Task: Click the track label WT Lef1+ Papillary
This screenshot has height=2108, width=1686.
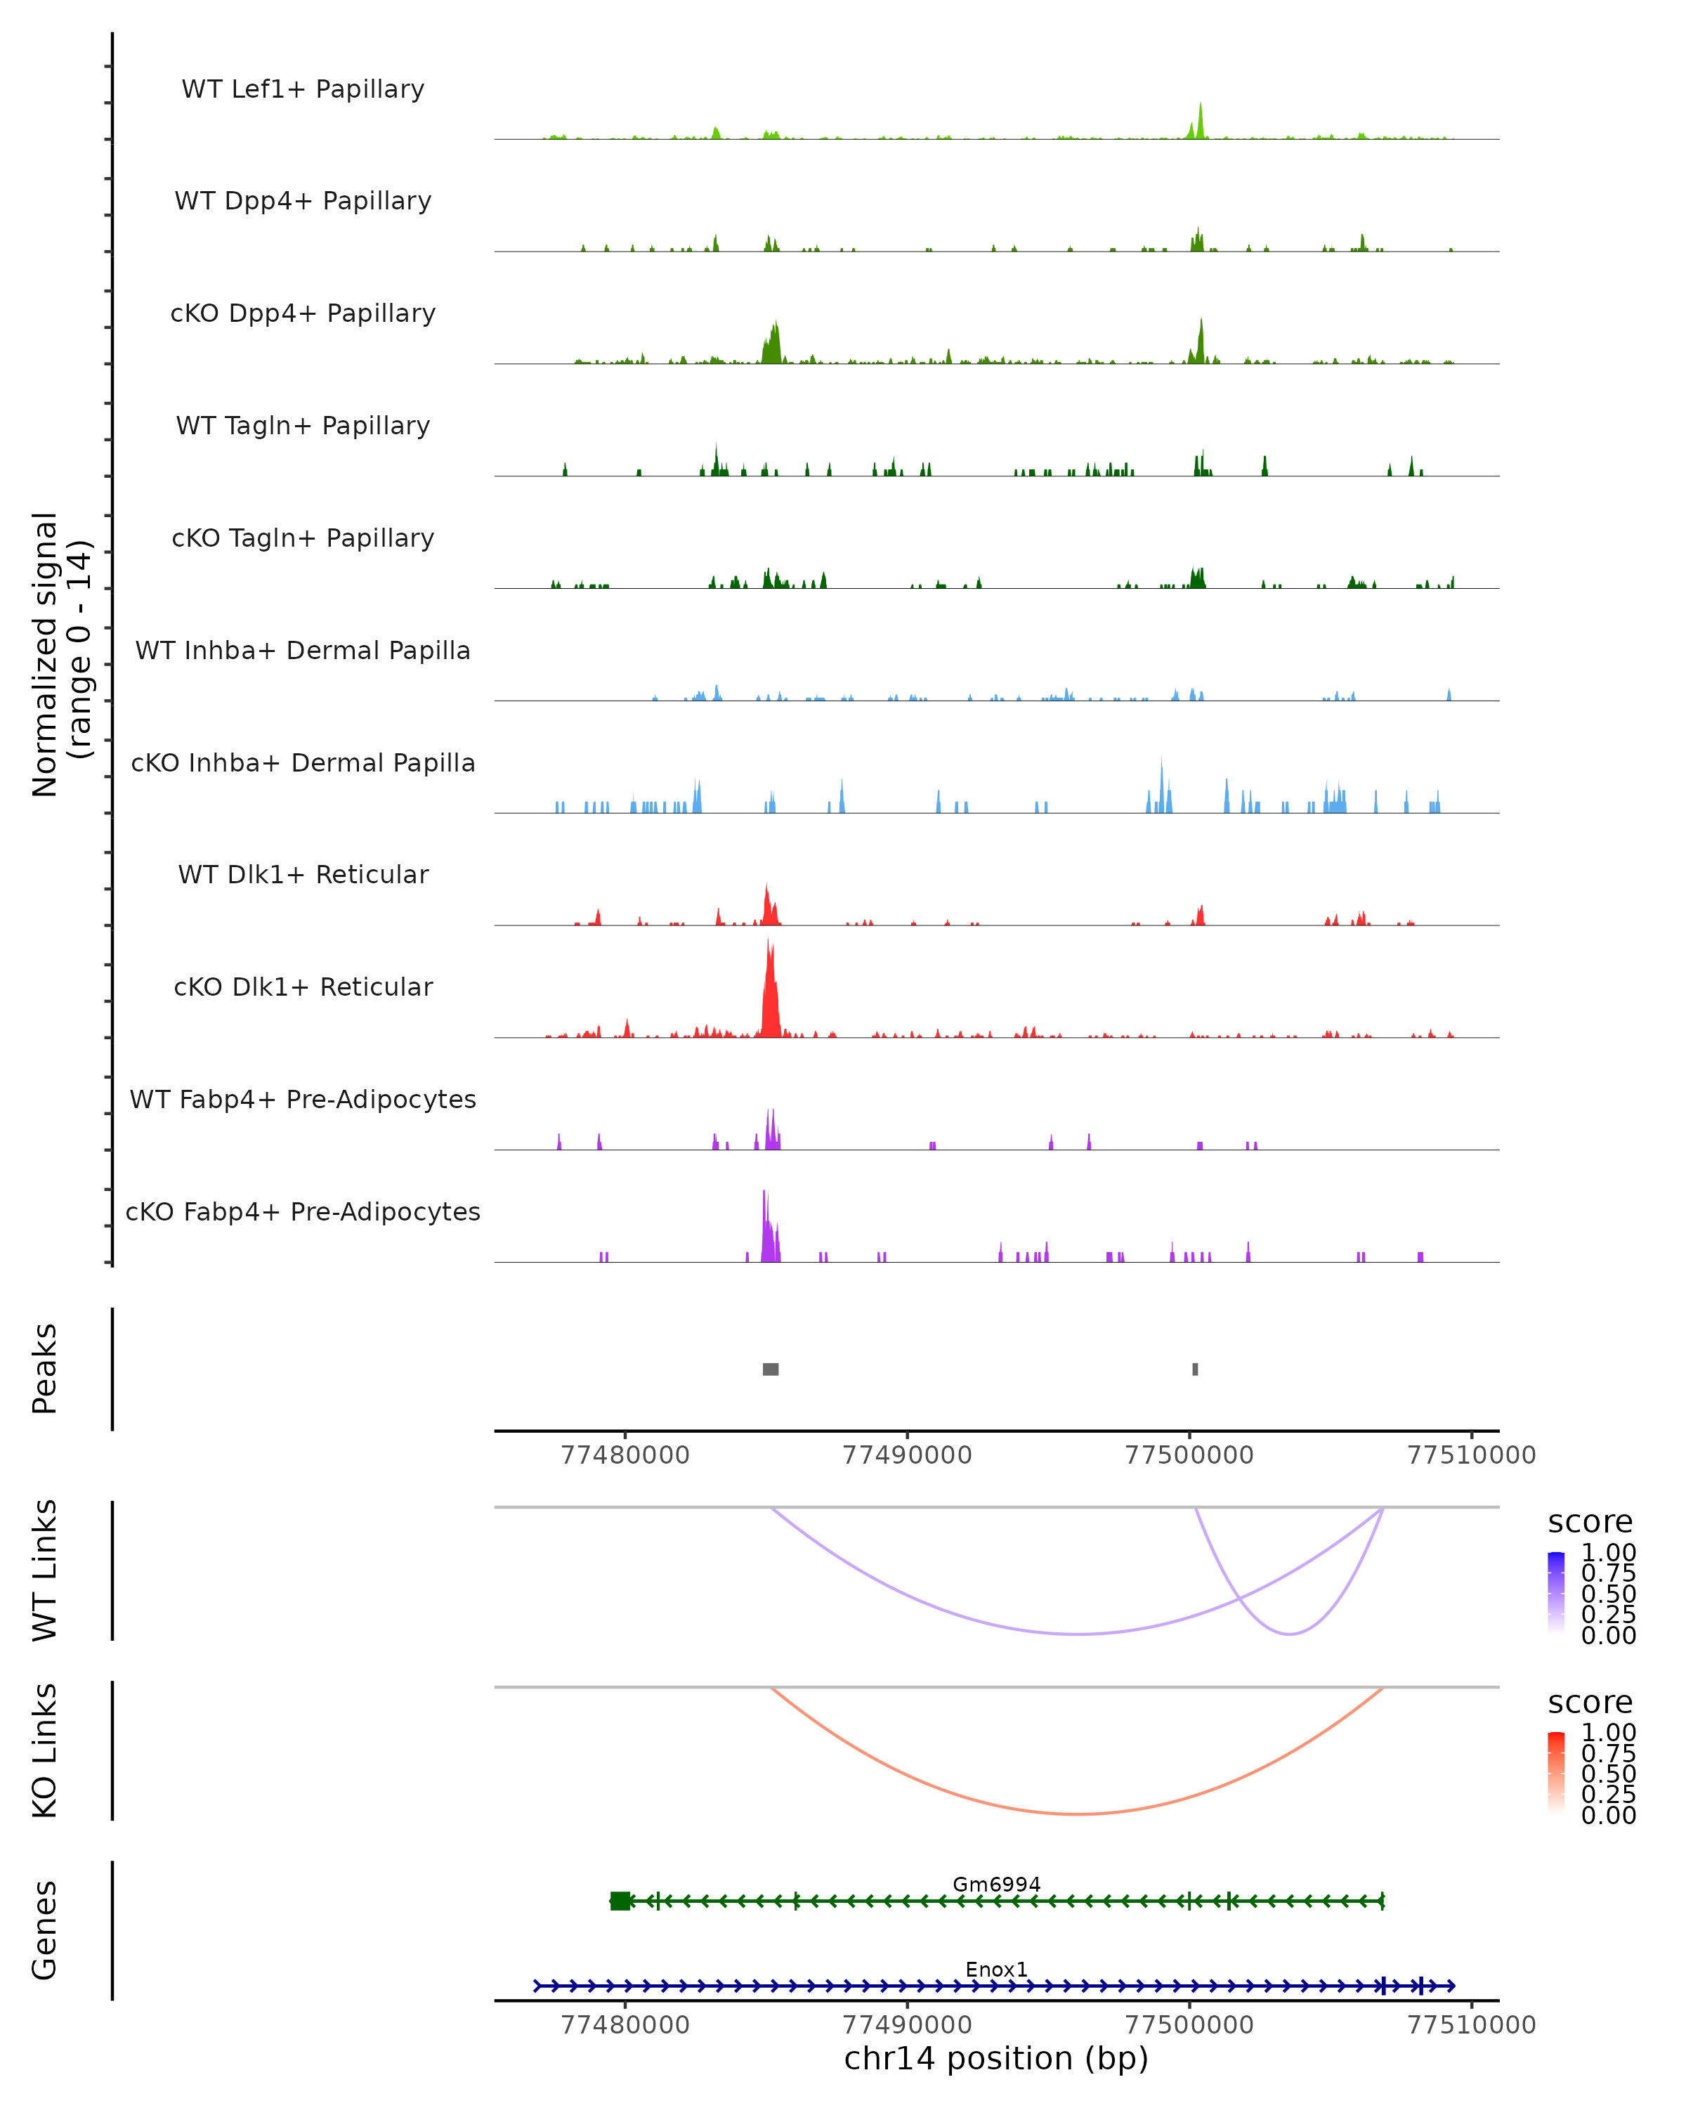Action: (x=303, y=89)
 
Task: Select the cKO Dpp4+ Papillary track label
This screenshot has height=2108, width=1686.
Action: (x=303, y=314)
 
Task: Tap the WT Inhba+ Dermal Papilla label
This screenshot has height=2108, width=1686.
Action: (x=303, y=651)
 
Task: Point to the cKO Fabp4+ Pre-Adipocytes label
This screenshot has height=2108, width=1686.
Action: (x=303, y=1212)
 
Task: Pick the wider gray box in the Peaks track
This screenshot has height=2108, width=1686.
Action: (x=770, y=1369)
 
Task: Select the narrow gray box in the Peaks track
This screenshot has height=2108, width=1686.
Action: (x=1194, y=1369)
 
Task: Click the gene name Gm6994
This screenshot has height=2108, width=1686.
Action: (x=996, y=1884)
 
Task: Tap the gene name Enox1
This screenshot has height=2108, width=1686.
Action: (x=996, y=1969)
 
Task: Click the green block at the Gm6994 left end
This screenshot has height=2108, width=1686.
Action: (x=620, y=1901)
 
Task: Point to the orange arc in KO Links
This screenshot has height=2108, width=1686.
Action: (x=1076, y=1814)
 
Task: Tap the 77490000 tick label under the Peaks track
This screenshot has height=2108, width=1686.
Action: (x=907, y=1455)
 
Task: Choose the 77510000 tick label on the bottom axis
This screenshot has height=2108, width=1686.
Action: (x=1471, y=2025)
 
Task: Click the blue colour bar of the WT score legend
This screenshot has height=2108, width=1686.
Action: (x=1556, y=1593)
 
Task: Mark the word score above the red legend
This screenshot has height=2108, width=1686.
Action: (x=1590, y=1703)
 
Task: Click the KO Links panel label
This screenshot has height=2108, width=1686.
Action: (x=44, y=1750)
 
